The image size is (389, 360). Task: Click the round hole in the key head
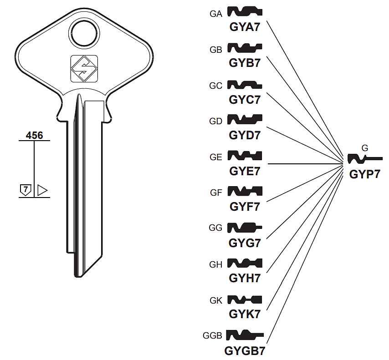tap(84, 32)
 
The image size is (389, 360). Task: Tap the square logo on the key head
tap(84, 69)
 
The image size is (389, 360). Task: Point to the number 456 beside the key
tap(34, 135)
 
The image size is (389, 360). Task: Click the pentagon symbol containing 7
tap(26, 190)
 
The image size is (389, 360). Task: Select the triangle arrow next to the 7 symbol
tap(42, 190)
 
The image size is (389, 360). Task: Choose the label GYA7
tap(245, 27)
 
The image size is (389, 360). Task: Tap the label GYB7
tap(245, 63)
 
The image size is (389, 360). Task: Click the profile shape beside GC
tap(245, 85)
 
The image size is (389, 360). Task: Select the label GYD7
tap(245, 135)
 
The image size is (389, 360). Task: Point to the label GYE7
tap(245, 171)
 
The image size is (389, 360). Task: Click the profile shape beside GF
tap(245, 191)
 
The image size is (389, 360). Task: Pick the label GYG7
tap(245, 243)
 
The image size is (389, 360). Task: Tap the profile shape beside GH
tap(245, 263)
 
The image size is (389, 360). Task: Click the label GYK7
tap(245, 314)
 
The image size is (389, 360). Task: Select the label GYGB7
tap(245, 351)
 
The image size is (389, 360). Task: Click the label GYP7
tap(364, 174)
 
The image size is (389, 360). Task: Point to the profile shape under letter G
tap(364, 159)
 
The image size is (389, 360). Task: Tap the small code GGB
tap(213, 336)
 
